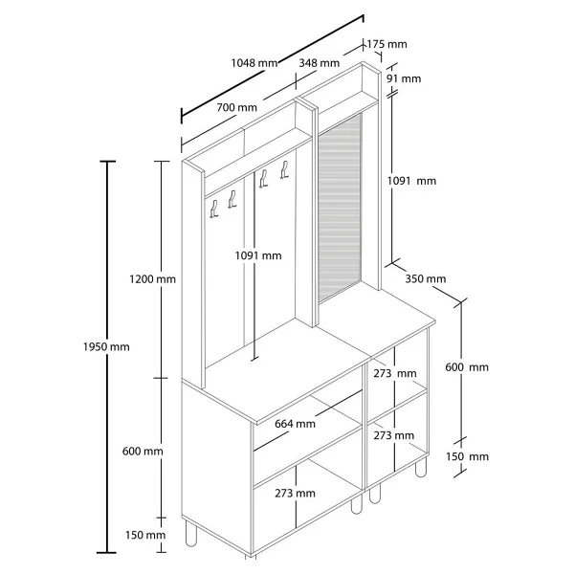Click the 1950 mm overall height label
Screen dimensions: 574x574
106,346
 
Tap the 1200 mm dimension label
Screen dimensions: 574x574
152,279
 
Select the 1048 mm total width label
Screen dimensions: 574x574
254,63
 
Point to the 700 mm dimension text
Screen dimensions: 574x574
237,107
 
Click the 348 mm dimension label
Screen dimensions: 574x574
320,63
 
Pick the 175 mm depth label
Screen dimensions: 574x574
386,44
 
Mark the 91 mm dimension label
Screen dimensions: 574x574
404,78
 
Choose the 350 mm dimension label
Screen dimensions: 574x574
426,279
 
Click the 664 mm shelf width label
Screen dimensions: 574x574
295,424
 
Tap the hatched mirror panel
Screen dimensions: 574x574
340,209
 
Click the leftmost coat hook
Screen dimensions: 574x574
214,210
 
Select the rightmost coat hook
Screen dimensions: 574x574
284,169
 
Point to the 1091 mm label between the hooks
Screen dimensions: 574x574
258,255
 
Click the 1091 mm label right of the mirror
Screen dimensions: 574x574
411,181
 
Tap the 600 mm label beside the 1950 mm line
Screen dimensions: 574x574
143,451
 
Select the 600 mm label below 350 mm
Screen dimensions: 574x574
467,367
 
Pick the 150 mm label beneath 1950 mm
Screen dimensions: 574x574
145,535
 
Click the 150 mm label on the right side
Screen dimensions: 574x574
467,457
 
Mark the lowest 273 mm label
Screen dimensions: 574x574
295,494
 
